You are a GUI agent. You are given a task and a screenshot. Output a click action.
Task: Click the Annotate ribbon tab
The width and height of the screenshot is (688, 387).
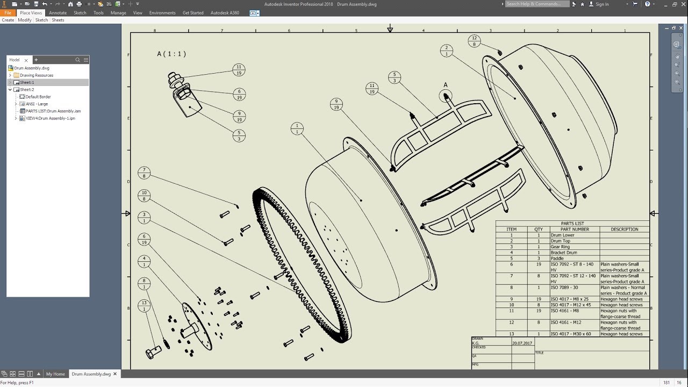pos(58,12)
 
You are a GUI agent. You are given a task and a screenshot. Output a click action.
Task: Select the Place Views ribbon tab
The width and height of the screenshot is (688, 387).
pos(31,12)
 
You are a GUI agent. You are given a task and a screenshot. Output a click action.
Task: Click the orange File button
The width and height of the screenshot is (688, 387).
pos(8,12)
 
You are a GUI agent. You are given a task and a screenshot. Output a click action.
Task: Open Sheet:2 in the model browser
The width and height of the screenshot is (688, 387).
pos(27,90)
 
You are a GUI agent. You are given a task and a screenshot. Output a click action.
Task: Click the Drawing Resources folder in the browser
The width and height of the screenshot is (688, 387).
pos(36,75)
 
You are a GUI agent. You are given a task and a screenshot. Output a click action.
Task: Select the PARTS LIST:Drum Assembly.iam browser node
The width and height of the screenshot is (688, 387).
pos(53,111)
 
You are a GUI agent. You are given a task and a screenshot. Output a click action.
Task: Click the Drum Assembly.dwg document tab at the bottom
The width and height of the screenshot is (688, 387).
pos(91,374)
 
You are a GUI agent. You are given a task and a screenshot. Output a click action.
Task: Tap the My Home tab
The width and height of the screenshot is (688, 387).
pos(55,374)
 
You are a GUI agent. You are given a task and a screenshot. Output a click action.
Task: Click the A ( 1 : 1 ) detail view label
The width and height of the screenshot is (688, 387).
pos(171,54)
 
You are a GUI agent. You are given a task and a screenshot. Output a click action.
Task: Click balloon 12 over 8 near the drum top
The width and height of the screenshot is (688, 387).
pos(474,41)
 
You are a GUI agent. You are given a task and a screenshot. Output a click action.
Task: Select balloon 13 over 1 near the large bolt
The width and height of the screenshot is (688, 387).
pos(144,306)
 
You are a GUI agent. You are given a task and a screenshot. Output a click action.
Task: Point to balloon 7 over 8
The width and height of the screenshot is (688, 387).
pos(144,173)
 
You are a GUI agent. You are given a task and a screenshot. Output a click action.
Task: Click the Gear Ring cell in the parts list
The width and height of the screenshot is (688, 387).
pos(560,247)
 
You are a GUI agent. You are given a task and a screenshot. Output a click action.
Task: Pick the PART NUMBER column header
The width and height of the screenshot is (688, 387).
pos(575,229)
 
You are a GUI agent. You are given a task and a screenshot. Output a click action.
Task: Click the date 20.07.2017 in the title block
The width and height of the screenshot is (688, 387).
pos(522,342)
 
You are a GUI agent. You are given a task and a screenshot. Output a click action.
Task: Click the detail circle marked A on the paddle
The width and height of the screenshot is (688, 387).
pos(446,96)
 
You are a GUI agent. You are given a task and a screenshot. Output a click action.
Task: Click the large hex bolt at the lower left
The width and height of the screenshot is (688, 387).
pos(153,353)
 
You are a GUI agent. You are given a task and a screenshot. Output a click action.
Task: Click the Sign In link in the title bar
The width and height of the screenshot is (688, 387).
pos(602,4)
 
